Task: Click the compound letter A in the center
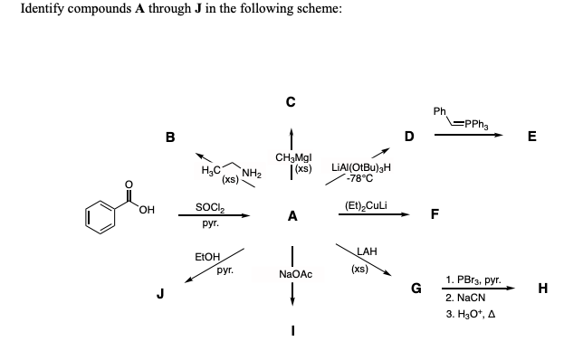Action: coord(291,216)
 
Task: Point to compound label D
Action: coord(409,137)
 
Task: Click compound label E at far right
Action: coord(532,137)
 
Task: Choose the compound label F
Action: coord(435,215)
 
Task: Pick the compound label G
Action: coord(416,289)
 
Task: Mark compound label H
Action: coord(541,289)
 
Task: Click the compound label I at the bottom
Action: coord(291,328)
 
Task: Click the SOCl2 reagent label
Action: coord(209,207)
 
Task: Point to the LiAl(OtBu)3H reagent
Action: coord(361,167)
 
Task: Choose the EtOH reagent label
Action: coord(207,258)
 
